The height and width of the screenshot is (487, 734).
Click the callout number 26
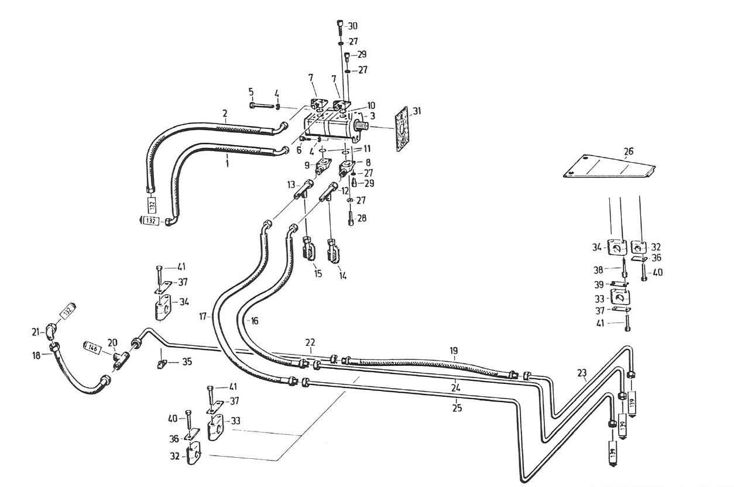point(628,152)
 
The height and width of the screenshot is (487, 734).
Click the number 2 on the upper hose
point(224,112)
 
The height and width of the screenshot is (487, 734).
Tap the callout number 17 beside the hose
point(203,317)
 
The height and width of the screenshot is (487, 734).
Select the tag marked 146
point(93,347)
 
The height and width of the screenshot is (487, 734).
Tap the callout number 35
point(186,362)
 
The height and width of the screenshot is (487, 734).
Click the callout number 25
point(457,408)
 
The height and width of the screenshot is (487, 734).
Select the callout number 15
point(317,273)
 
